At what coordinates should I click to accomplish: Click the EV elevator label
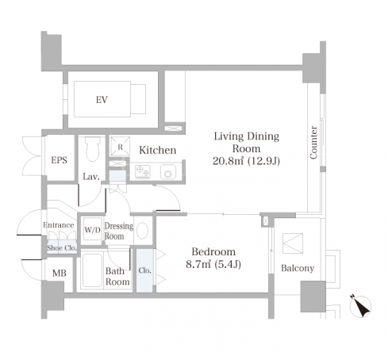pos(102,100)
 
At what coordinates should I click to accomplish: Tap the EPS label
pos(59,160)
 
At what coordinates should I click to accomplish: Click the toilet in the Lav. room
pos(93,149)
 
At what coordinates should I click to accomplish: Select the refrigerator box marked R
pos(120,147)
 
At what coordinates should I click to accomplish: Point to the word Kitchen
pos(158,150)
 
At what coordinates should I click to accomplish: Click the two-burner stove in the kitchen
pos(143,172)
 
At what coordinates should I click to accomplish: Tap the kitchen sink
pos(168,172)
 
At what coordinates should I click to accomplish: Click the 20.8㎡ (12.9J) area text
pos(246,161)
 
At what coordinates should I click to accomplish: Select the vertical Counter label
pos(313,143)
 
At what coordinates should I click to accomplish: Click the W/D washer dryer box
pos(92,230)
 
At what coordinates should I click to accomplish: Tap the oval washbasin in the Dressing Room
pos(143,231)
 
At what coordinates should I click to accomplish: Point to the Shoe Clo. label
pos(62,248)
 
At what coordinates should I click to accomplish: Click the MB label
pos(59,273)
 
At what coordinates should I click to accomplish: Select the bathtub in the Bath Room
pos(92,270)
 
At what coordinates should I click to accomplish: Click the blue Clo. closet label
pos(144,270)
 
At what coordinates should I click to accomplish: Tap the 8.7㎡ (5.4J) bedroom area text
pos(213,264)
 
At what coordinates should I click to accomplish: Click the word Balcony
pos(298,268)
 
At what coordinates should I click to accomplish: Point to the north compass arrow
pos(360,306)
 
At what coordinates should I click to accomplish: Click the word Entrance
pos(59,225)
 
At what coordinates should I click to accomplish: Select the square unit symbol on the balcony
pos(293,243)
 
